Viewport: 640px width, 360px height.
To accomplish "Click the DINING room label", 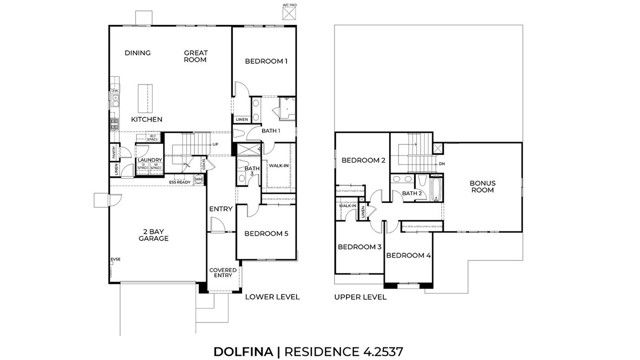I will click(138, 53).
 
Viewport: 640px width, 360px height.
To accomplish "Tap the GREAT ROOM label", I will click(195, 56).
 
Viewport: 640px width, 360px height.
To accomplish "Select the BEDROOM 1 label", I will click(266, 62).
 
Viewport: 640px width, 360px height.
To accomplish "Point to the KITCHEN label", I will click(146, 119).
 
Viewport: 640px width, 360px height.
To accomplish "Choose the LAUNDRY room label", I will click(150, 159).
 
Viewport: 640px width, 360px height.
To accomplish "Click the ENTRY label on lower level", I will click(220, 208).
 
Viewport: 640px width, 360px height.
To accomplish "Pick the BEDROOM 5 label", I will click(266, 234).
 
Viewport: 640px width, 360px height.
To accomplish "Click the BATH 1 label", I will click(270, 131).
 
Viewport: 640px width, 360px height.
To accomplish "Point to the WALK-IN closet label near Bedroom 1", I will click(279, 165).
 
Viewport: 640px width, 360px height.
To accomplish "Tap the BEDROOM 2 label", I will click(362, 160).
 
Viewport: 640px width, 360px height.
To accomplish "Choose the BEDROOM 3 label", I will click(359, 246).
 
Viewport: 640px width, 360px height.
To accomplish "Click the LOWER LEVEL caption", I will click(271, 297).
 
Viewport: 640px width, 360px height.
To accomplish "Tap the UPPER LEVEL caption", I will click(360, 297).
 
